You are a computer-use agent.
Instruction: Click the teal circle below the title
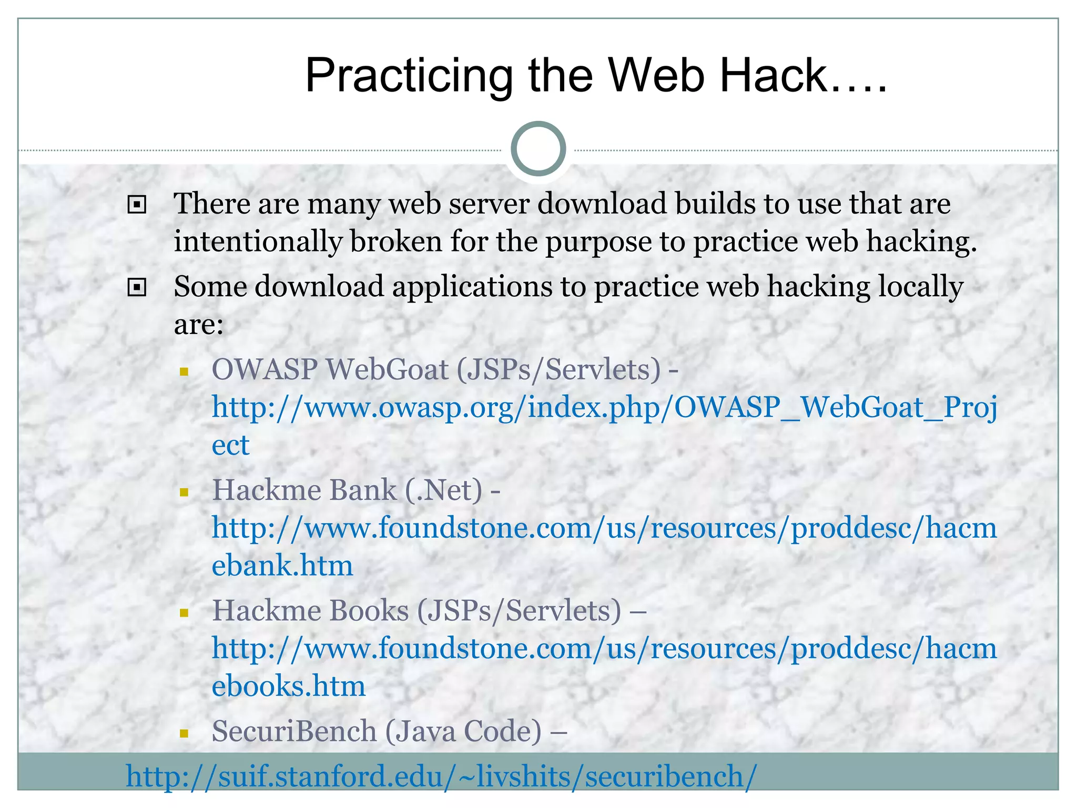tap(538, 149)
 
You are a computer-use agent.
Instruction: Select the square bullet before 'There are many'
tap(137, 205)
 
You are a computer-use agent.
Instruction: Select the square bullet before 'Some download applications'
tap(137, 287)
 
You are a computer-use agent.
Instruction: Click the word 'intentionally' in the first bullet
tap(257, 242)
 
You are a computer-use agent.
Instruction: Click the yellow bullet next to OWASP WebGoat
tap(184, 372)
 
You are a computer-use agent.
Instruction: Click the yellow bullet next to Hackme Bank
tap(184, 492)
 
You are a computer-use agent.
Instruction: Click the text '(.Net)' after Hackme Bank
tap(443, 490)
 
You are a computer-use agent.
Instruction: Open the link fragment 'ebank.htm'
tap(282, 566)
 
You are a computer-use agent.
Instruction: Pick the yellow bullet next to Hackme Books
tap(184, 613)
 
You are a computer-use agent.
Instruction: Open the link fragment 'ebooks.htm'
tap(288, 686)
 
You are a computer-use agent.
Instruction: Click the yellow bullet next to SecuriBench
tap(184, 733)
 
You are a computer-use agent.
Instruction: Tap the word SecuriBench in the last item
tap(294, 731)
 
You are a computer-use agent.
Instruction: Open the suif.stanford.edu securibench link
tap(441, 777)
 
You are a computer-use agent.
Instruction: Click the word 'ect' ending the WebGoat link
tap(230, 446)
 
